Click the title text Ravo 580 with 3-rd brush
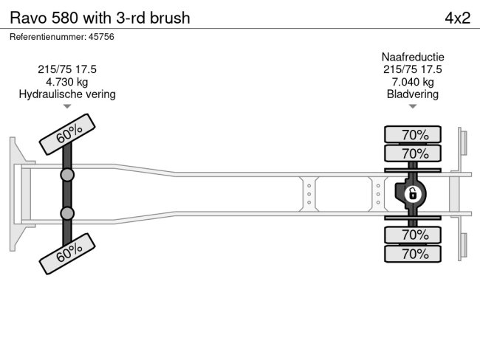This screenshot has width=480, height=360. [x=99, y=18]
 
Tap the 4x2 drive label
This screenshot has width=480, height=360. [x=457, y=18]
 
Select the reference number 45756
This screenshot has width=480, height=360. [x=61, y=37]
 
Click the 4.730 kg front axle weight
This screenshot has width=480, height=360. [x=67, y=82]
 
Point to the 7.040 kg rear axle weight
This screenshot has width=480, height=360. [x=413, y=82]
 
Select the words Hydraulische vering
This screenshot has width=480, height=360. [x=67, y=94]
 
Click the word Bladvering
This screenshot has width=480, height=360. [x=413, y=94]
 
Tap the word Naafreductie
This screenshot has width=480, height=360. [x=413, y=57]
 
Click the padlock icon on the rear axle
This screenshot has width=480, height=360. [x=413, y=194]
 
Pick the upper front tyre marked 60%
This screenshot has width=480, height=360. [x=68, y=134]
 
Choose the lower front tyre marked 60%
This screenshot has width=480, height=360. [x=68, y=253]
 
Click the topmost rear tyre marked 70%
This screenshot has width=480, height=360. [x=413, y=134]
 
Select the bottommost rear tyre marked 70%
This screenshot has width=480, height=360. [x=413, y=254]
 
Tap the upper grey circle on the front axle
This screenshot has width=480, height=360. [x=67, y=175]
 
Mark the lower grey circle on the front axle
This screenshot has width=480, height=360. [x=67, y=213]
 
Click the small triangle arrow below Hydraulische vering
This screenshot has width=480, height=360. [x=67, y=107]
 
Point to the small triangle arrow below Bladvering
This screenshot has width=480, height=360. [x=413, y=107]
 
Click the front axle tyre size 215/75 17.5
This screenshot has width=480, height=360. [x=67, y=69]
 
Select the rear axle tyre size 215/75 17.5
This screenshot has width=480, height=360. [x=413, y=69]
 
